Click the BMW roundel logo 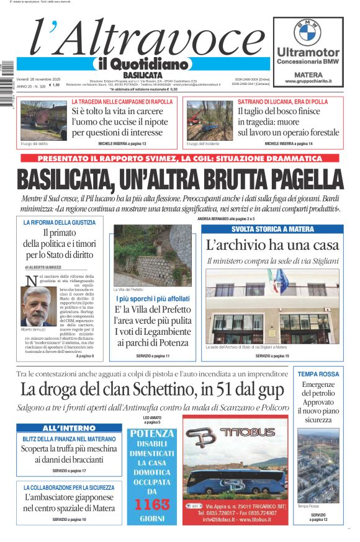307,32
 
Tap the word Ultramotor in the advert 308,52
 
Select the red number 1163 151,504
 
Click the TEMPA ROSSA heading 318,374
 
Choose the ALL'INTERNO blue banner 69,428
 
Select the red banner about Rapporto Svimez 180,159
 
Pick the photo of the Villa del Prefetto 152,255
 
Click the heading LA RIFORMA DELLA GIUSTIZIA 59,222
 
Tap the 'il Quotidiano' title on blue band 140,64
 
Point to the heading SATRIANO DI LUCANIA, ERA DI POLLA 283,101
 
